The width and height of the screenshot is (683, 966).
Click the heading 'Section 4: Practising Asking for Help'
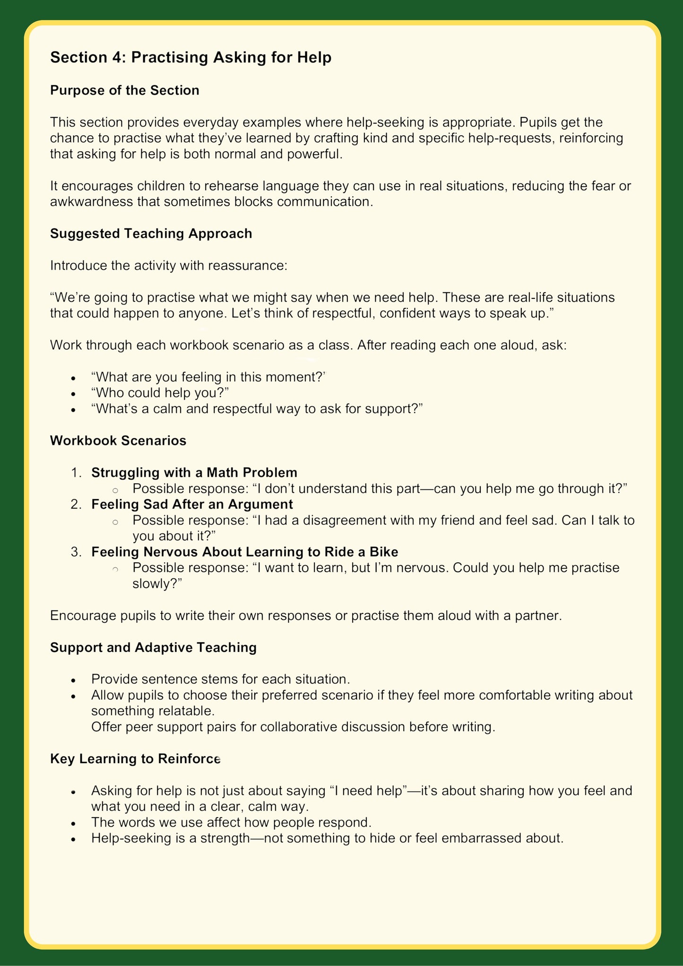tap(190, 57)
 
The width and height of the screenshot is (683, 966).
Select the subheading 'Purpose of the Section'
tap(125, 90)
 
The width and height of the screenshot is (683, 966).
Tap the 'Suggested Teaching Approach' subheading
tap(151, 234)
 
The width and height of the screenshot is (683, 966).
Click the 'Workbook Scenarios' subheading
tap(118, 441)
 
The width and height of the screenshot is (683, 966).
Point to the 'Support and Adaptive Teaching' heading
tap(153, 647)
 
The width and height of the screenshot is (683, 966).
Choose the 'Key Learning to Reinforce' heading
tap(135, 759)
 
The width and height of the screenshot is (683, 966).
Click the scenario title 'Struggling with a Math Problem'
tap(194, 472)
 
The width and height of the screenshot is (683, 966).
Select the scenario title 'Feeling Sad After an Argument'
tap(192, 504)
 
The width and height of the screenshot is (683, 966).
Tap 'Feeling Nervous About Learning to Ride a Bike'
tap(244, 552)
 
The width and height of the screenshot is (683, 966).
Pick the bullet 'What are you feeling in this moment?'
tap(208, 377)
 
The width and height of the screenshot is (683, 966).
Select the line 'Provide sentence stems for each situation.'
tap(220, 679)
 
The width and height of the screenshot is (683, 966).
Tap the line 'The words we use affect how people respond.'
tap(231, 822)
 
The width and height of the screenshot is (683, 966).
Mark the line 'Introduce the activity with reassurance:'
tap(169, 266)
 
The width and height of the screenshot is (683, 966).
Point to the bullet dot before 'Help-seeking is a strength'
tap(73, 839)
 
